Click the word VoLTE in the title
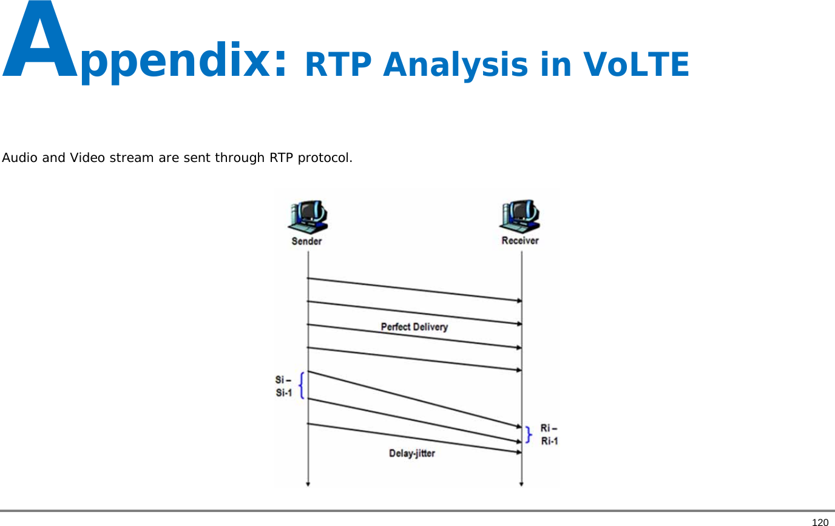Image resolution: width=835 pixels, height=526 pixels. click(x=635, y=65)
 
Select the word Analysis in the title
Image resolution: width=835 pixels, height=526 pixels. click(x=455, y=65)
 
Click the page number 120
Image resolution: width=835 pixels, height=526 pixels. click(x=820, y=522)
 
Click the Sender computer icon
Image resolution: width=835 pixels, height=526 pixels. click(x=308, y=217)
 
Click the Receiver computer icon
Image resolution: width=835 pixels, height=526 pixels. click(x=520, y=217)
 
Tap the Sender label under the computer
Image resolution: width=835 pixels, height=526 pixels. click(x=307, y=241)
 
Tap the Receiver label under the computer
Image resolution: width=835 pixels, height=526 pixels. click(x=520, y=241)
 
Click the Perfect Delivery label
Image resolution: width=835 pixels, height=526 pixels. click(x=414, y=327)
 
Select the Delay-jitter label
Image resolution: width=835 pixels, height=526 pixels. click(x=412, y=453)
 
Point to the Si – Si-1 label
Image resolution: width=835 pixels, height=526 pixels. click(x=283, y=386)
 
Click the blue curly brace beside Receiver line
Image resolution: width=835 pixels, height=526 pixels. click(x=530, y=434)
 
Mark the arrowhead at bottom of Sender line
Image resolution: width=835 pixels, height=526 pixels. click(x=308, y=484)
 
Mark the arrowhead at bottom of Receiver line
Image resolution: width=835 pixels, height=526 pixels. click(x=521, y=484)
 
